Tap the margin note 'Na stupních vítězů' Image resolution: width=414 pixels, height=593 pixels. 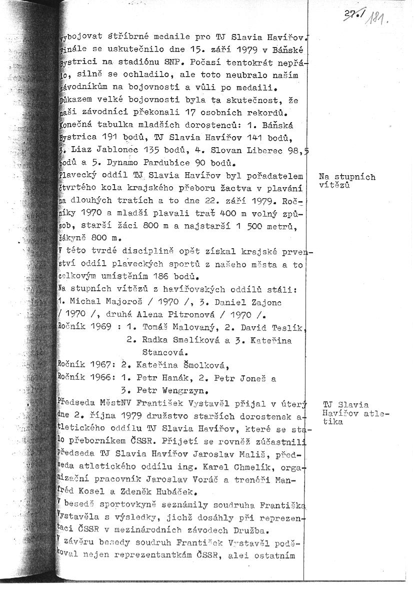pos(346,181)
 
